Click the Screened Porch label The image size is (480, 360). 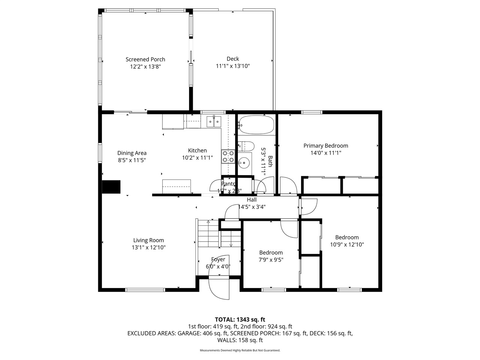(145, 59)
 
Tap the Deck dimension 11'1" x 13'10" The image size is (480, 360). (232, 66)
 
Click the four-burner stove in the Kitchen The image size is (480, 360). (228, 156)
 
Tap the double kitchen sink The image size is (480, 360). (214, 121)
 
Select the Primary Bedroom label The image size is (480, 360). (325, 145)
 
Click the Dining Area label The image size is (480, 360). (132, 153)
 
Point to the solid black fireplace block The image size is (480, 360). (111, 187)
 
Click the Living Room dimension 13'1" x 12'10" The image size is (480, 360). (148, 247)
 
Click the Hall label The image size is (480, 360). (252, 200)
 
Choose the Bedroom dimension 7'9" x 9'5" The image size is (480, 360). (271, 259)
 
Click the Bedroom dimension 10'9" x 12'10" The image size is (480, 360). (347, 244)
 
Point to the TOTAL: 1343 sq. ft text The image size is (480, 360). (240, 319)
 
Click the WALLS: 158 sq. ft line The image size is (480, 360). (240, 340)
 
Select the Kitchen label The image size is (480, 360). (197, 150)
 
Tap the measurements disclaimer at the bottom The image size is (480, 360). (240, 350)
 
